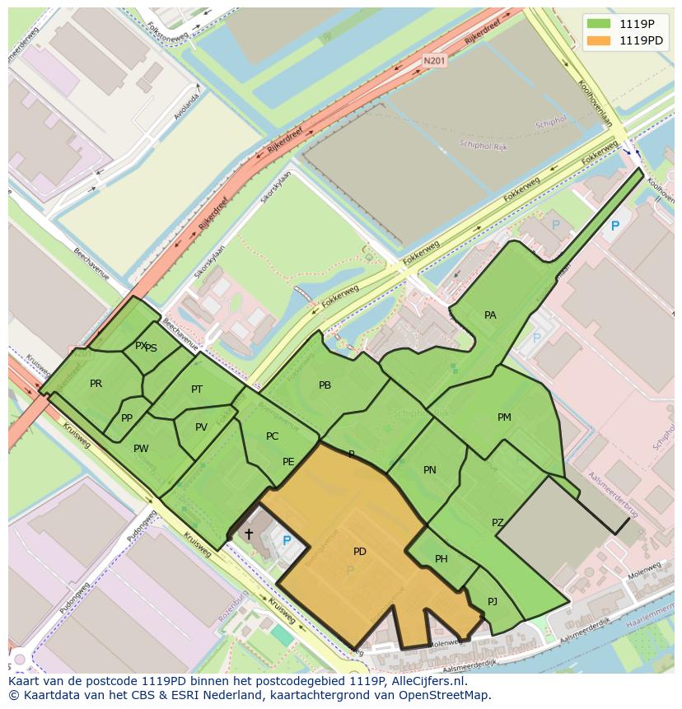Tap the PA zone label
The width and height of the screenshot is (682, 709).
coord(490,315)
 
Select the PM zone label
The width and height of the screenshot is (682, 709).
coord(504,417)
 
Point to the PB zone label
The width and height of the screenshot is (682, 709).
coord(325,385)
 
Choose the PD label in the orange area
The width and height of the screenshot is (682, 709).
coord(360,552)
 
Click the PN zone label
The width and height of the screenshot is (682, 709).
coord(429,470)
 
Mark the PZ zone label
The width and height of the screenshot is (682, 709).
coord(497,523)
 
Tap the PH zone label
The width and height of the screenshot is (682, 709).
coord(441,559)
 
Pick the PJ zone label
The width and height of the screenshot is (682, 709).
coord(493,601)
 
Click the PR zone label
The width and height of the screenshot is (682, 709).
coord(96,384)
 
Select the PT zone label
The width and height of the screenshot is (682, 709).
coord(197,389)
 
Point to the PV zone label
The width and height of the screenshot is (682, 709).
coord(201,427)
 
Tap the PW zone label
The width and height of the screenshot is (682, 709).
coord(141,449)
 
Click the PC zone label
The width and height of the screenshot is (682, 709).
coord(273,436)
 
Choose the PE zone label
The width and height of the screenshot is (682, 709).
coord(288,462)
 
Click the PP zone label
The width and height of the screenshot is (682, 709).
coord(127,418)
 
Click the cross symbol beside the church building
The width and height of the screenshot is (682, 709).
coord(249,534)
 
